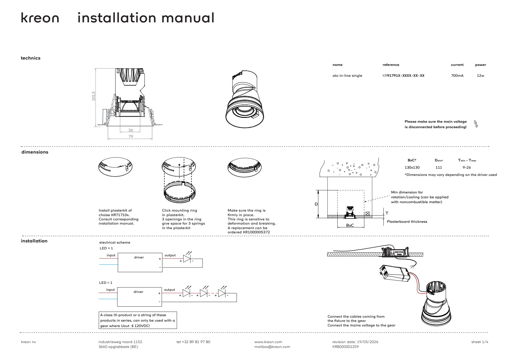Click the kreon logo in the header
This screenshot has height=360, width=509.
(x=40, y=18)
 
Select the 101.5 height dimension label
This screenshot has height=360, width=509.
(x=93, y=96)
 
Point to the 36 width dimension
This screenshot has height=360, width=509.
(x=131, y=130)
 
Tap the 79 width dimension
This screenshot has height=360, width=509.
(x=131, y=136)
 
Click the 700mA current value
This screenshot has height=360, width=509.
(x=457, y=76)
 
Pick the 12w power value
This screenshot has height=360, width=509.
(x=480, y=76)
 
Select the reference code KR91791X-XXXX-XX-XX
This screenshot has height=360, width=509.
(x=403, y=76)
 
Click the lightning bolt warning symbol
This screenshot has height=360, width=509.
(x=476, y=124)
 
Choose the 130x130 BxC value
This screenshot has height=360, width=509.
(x=412, y=167)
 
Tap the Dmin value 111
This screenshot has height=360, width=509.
(x=439, y=167)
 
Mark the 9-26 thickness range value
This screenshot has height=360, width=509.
(x=467, y=167)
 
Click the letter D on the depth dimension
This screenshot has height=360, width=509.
(x=316, y=204)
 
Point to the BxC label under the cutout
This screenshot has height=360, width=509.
(x=350, y=225)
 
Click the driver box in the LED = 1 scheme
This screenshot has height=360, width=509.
(x=140, y=262)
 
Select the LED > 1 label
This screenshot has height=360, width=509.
(x=106, y=283)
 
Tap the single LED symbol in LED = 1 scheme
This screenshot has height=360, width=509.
(x=187, y=258)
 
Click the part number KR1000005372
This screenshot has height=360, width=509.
(x=256, y=232)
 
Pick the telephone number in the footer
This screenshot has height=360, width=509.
(x=193, y=342)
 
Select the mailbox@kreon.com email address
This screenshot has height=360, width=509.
(x=272, y=347)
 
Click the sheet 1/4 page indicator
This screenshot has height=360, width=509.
(x=480, y=342)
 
